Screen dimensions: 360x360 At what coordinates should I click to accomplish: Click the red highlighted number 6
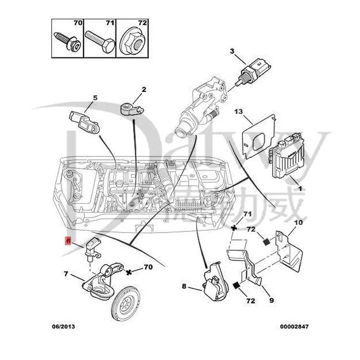(x=68, y=241)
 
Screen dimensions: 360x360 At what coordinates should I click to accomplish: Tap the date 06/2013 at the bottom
(x=63, y=326)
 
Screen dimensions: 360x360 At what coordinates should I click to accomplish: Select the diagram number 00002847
(x=294, y=326)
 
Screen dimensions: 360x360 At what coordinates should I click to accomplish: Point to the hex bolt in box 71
(x=100, y=42)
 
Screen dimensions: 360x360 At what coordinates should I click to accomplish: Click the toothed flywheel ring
(x=126, y=303)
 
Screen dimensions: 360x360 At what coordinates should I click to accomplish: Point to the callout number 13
(x=239, y=111)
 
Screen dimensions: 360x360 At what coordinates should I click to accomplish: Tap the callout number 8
(x=184, y=286)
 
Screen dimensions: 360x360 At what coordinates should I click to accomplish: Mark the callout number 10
(x=299, y=222)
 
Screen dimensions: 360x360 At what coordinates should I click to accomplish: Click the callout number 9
(x=271, y=300)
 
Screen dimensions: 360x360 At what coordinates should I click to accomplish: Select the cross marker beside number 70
(x=129, y=272)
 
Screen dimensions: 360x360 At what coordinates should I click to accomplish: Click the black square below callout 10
(x=266, y=242)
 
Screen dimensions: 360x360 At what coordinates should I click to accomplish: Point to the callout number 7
(x=66, y=274)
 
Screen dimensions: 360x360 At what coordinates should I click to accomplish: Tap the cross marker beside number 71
(x=234, y=228)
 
